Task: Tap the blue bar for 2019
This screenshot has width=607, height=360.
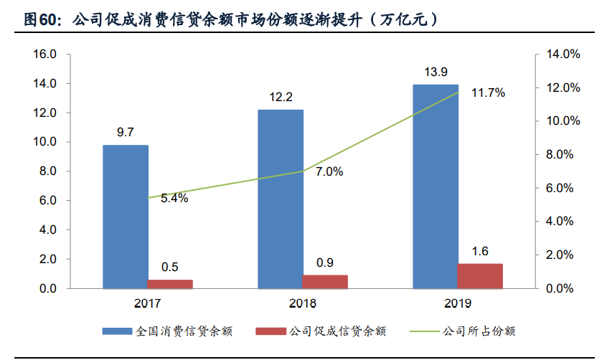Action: pos(436,186)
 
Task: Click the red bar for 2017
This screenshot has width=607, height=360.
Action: pos(171,284)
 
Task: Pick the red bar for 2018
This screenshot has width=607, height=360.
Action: pos(325,281)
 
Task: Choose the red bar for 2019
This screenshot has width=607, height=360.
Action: pos(480,276)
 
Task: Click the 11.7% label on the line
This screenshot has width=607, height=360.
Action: pos(489,93)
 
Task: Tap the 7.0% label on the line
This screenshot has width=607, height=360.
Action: pos(329,172)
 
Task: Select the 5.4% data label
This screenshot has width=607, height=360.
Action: pos(174,199)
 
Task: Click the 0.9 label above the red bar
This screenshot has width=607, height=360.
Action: pos(325,262)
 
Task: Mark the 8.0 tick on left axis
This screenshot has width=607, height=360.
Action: pos(47,171)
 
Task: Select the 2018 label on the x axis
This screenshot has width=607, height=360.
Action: pos(303,304)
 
